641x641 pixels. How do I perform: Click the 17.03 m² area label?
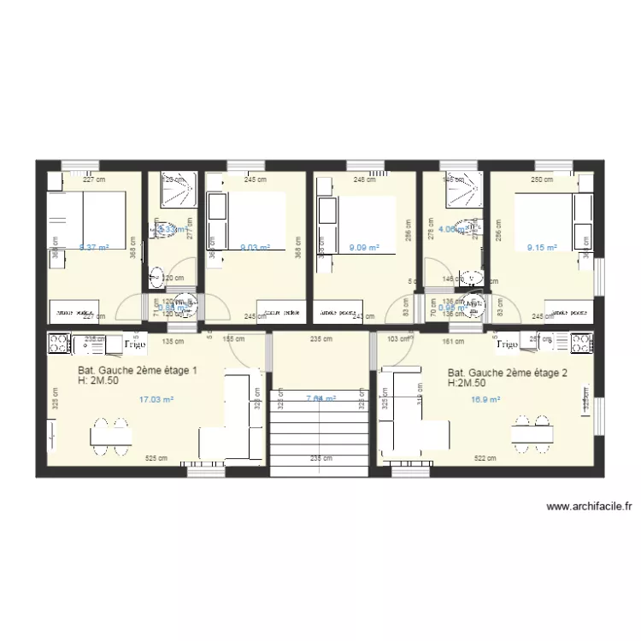pos(156,399)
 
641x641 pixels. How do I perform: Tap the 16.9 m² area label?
pos(485,399)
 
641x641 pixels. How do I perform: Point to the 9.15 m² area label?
pos(542,248)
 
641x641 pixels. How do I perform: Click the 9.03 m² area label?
pos(255,248)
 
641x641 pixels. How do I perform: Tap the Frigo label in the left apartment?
pos(137,344)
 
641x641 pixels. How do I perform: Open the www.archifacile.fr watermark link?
pos(589,506)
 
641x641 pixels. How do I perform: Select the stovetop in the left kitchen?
pos(59,344)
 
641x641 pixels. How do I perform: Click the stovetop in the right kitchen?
pos(580,344)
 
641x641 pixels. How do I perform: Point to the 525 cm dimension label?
pos(156,458)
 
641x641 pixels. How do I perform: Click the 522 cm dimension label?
pos(485,458)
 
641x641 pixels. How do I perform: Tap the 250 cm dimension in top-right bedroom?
pos(542,179)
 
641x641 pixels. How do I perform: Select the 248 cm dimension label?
pos(365,179)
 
